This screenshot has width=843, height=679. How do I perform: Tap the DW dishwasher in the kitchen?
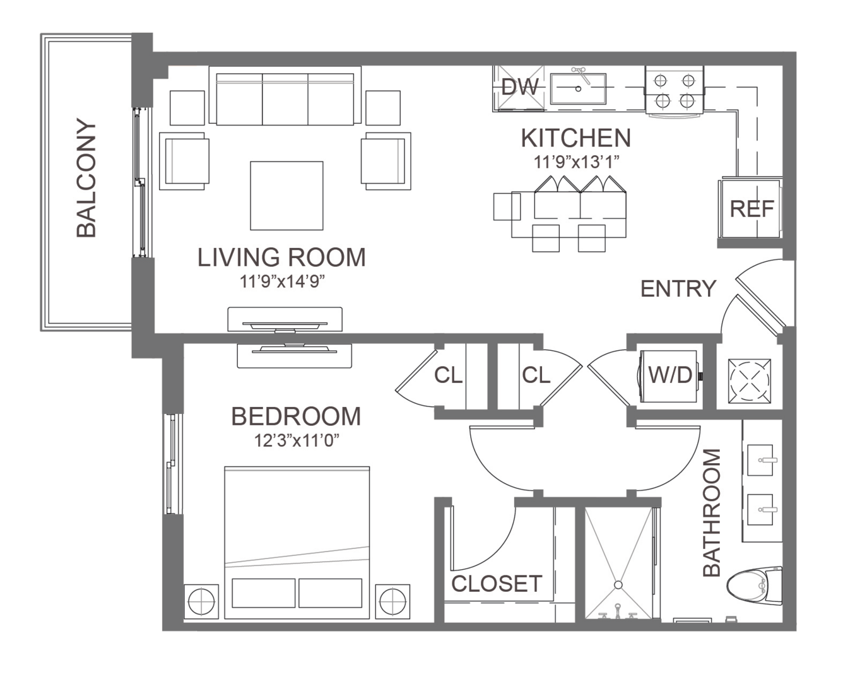519,88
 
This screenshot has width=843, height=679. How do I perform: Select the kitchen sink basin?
578,89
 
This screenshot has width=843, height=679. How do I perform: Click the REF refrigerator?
750,208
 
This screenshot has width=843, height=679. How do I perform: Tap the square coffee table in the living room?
286,196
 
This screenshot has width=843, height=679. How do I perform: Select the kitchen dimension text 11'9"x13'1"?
576,162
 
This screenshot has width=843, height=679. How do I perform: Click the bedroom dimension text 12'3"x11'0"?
297,440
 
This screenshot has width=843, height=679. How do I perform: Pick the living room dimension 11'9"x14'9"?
282,281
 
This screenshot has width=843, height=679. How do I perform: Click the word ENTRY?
678,289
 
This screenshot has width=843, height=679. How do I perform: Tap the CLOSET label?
497,584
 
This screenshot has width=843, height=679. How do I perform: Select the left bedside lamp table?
201,602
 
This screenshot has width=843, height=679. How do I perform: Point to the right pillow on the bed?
330,593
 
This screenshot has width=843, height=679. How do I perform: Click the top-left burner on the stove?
661,81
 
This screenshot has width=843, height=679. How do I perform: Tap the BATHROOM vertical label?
712,512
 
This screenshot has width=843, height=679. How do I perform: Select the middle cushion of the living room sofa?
285,100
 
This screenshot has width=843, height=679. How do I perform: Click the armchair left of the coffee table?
184,161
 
